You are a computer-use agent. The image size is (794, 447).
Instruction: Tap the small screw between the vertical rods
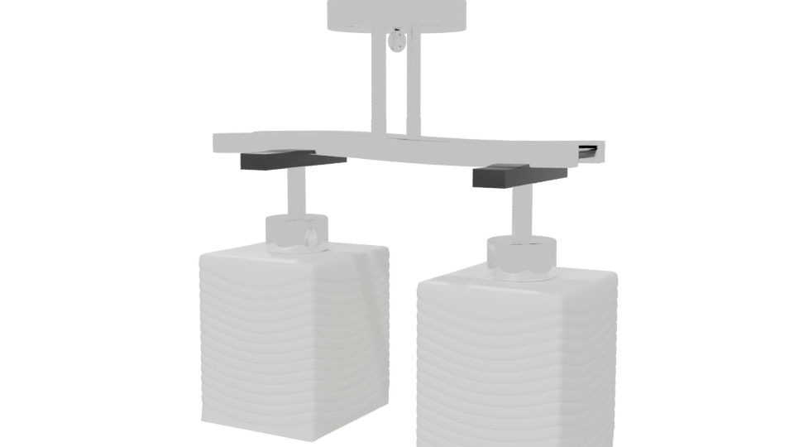point(399,40)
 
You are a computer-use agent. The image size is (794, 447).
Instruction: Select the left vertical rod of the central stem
point(377,83)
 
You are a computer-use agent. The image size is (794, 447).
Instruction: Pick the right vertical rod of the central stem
point(413,83)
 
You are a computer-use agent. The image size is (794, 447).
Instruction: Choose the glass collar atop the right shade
point(520,256)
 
